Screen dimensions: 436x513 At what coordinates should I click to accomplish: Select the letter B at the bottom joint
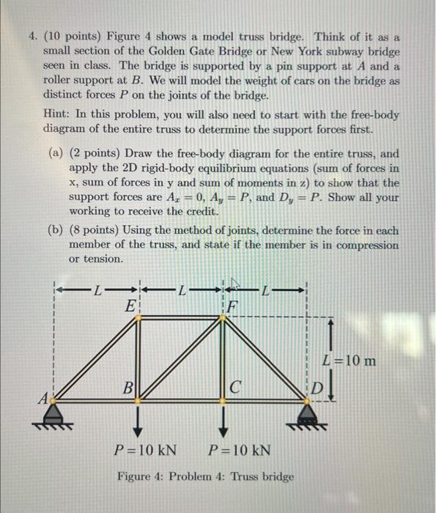coord(128,386)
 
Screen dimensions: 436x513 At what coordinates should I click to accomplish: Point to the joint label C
coord(234,386)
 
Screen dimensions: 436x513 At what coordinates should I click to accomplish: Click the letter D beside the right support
coord(317,386)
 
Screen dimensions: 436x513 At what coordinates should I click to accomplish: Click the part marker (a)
coord(56,153)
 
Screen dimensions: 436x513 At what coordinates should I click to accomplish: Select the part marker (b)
coord(56,229)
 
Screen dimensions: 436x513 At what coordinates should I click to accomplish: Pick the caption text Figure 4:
coord(142,476)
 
